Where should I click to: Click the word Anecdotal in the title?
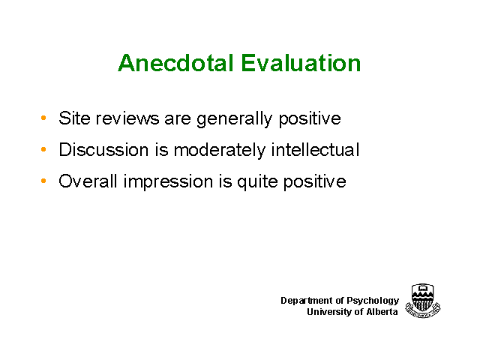pyautogui.click(x=176, y=63)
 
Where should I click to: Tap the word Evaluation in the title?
pyautogui.click(x=301, y=63)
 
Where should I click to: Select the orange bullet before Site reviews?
pyautogui.click(x=43, y=118)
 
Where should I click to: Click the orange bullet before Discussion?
pyautogui.click(x=43, y=149)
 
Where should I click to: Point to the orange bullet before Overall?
pyautogui.click(x=43, y=181)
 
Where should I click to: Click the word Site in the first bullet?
pyautogui.click(x=74, y=118)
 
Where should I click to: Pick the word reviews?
pyautogui.click(x=127, y=118)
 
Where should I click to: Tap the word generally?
pyautogui.click(x=234, y=119)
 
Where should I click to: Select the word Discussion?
pyautogui.click(x=103, y=150)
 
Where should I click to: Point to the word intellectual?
pyautogui.click(x=315, y=150)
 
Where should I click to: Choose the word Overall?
pyautogui.click(x=88, y=181)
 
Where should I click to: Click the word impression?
pyautogui.click(x=168, y=181)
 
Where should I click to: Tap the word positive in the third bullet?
pyautogui.click(x=315, y=181)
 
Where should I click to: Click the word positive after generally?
pyautogui.click(x=310, y=119)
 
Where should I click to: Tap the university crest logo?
pyautogui.click(x=423, y=301)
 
